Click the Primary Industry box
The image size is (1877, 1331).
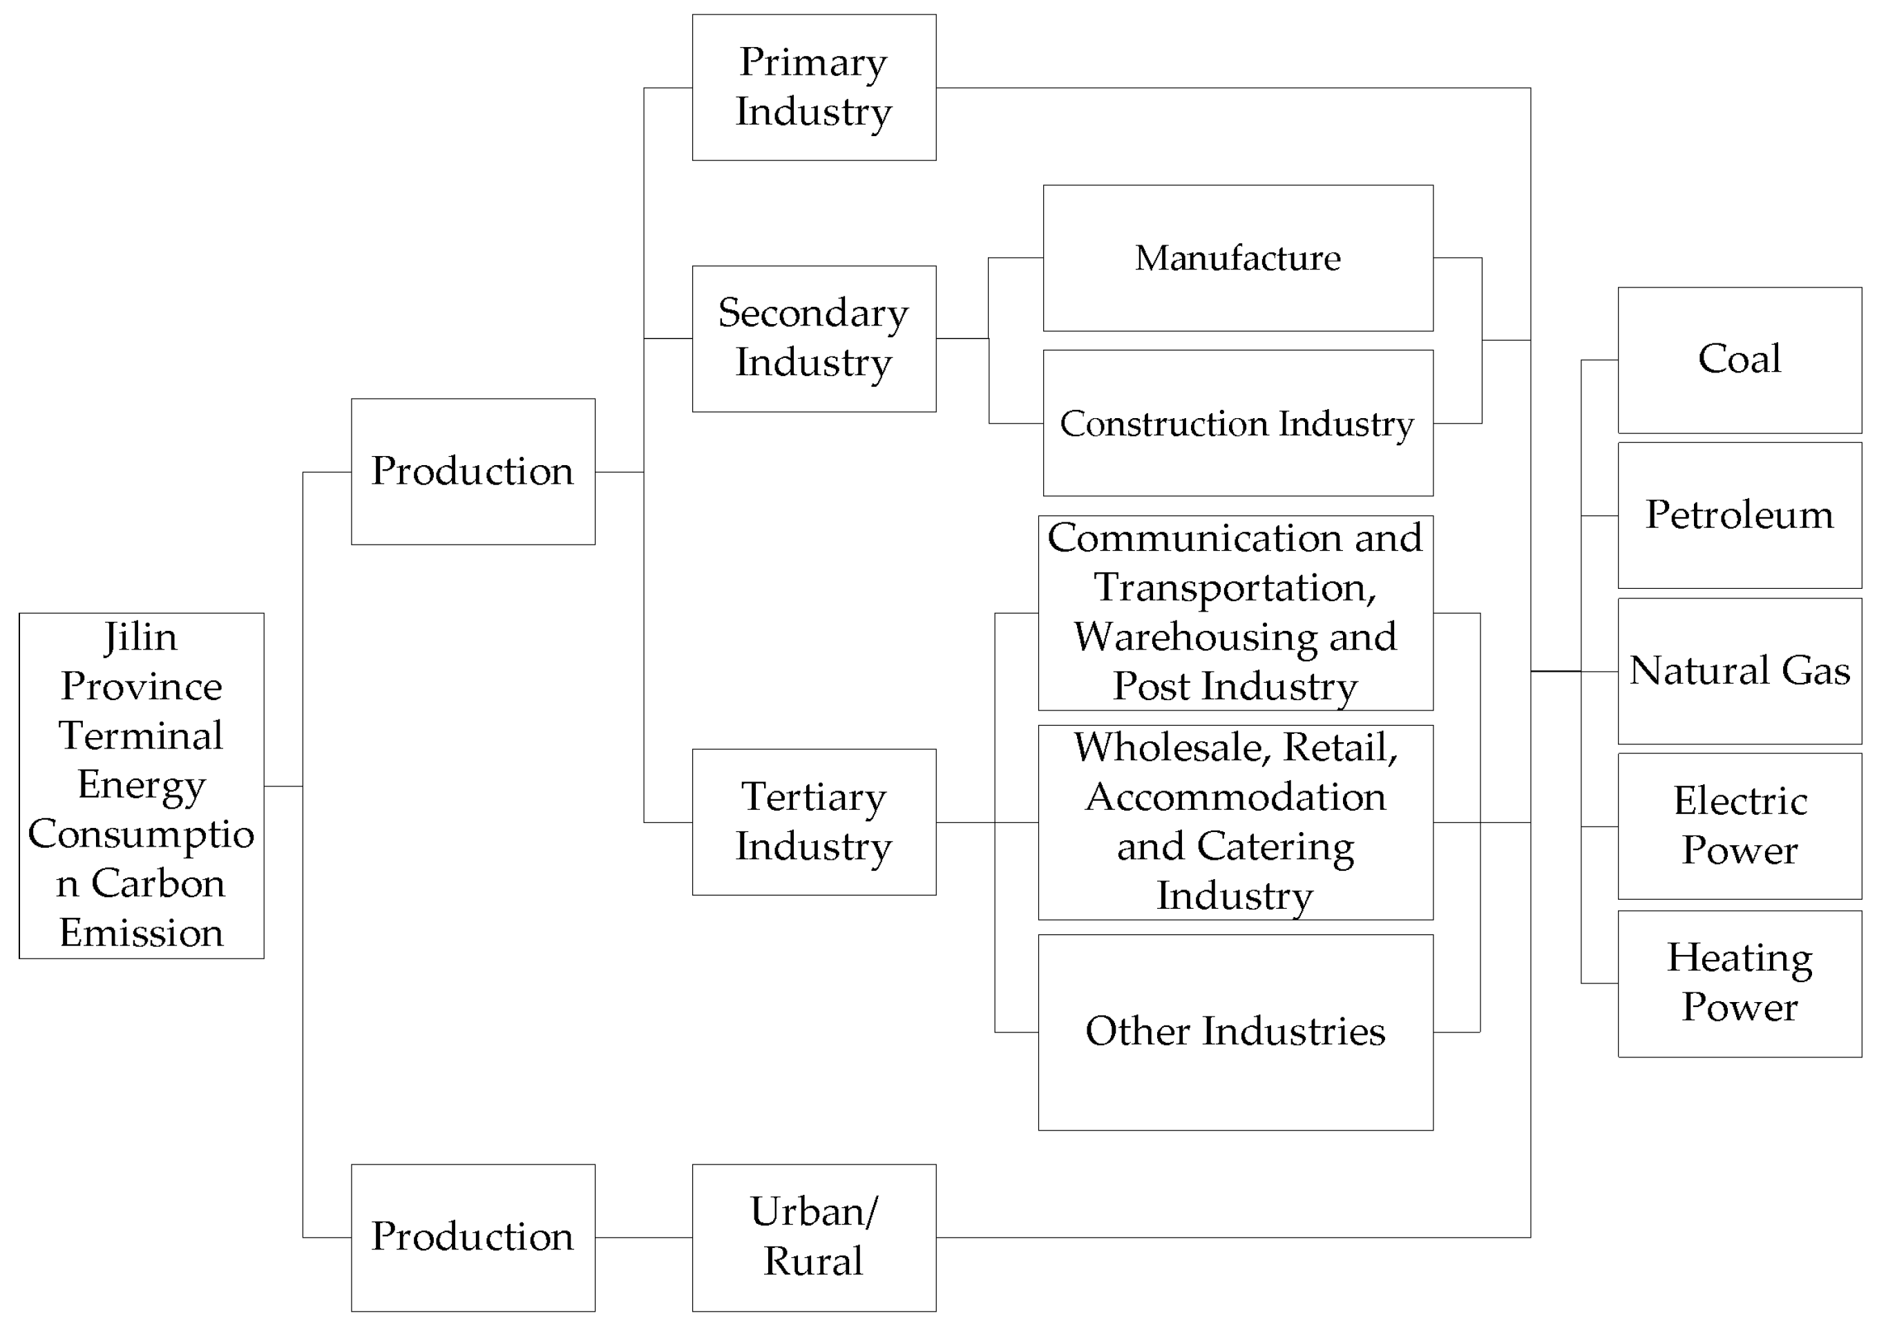click(x=814, y=88)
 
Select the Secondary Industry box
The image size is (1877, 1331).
click(x=814, y=339)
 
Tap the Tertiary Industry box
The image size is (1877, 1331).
click(x=814, y=822)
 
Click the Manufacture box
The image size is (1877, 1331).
click(x=1237, y=258)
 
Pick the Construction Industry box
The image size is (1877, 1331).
click(x=1237, y=423)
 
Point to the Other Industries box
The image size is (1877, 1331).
click(x=1235, y=1032)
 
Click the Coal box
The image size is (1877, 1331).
click(x=1740, y=360)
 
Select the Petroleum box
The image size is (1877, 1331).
click(x=1740, y=516)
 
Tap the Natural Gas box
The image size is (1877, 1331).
click(x=1740, y=671)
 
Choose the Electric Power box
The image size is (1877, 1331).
click(x=1740, y=826)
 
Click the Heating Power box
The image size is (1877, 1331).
click(x=1740, y=983)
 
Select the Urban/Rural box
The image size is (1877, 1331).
click(x=814, y=1237)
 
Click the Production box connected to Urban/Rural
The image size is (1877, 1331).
click(x=473, y=1237)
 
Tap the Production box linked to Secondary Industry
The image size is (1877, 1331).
click(x=473, y=471)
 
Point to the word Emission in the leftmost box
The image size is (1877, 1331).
click(x=141, y=934)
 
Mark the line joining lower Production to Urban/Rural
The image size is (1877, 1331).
click(x=643, y=1238)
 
